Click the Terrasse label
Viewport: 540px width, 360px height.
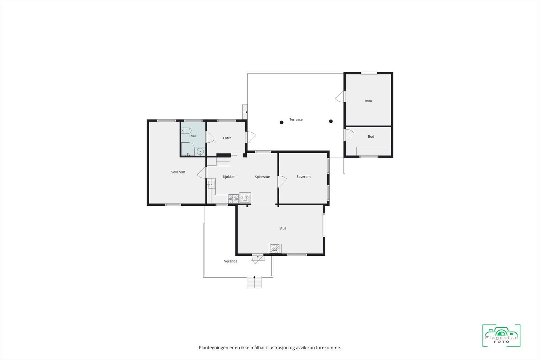coord(296,119)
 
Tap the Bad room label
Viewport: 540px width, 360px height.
coord(193,136)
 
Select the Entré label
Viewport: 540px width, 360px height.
coord(227,138)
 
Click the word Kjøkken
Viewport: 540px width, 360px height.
coord(229,177)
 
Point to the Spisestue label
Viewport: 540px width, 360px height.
coord(262,177)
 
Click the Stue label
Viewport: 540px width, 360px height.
coord(283,228)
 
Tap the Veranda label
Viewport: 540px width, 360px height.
coord(231,261)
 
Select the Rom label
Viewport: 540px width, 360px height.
coord(368,101)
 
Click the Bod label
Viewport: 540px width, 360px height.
coord(371,136)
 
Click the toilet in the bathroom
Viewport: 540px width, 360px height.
coord(186,131)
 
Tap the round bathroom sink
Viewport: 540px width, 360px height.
coord(200,151)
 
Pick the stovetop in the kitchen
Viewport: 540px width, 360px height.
coord(233,199)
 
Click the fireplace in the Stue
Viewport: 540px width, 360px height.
coord(275,249)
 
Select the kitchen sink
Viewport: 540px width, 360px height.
coord(211,185)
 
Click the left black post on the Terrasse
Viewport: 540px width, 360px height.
coord(281,122)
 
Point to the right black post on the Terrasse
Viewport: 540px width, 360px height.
coord(331,121)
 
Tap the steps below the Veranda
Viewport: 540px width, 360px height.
coord(254,282)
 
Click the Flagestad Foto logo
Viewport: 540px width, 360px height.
coord(502,335)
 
